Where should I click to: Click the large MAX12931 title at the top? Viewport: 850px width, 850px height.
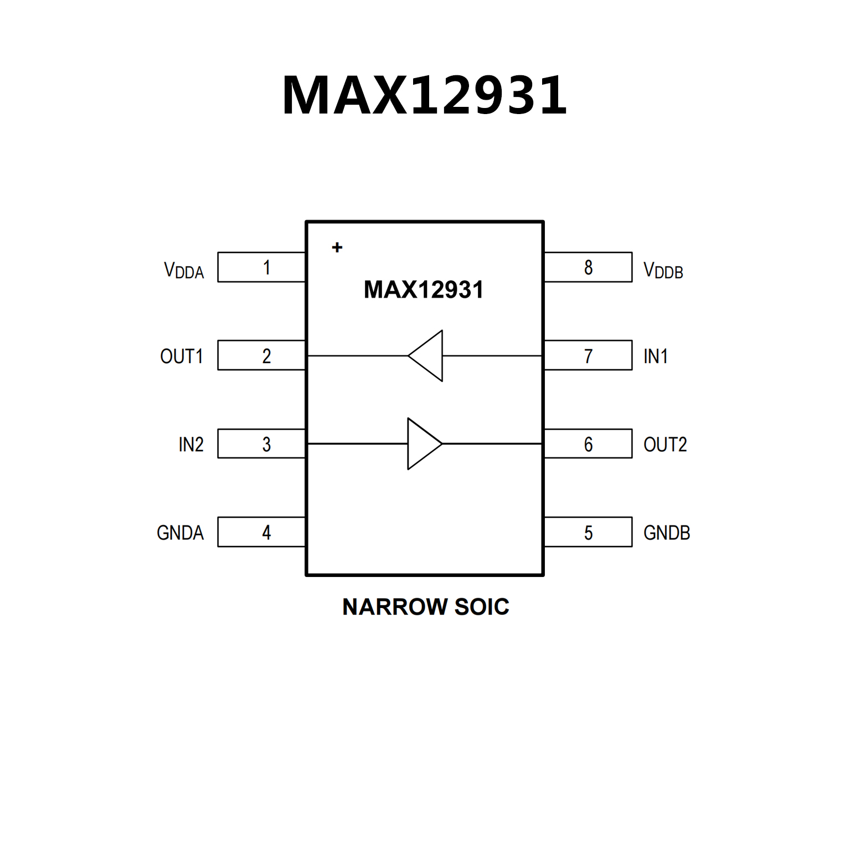point(425,95)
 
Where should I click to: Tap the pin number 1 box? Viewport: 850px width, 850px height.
point(261,267)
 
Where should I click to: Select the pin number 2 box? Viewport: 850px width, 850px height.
point(261,356)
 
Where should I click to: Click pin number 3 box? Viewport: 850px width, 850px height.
point(261,444)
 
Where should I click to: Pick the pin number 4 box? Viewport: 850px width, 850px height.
point(261,532)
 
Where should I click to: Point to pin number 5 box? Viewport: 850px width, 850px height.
point(588,532)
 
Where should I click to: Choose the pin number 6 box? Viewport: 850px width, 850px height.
point(588,444)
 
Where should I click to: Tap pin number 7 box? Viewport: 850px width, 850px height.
point(588,356)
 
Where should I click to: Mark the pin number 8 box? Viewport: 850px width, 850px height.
point(588,267)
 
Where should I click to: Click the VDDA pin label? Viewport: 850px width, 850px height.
point(184,270)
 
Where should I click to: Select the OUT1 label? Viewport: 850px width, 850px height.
point(182,356)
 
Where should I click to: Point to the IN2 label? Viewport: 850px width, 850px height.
point(191,444)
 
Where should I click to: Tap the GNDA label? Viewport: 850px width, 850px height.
point(181,533)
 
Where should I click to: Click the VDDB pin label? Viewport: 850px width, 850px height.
point(663,270)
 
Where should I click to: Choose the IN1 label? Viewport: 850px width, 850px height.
point(656,356)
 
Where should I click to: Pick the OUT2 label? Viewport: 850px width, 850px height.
point(665,444)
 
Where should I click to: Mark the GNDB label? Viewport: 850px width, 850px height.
point(667,533)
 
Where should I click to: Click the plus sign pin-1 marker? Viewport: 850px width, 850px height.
point(337,248)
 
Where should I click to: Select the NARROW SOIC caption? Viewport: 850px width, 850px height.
point(425,607)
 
